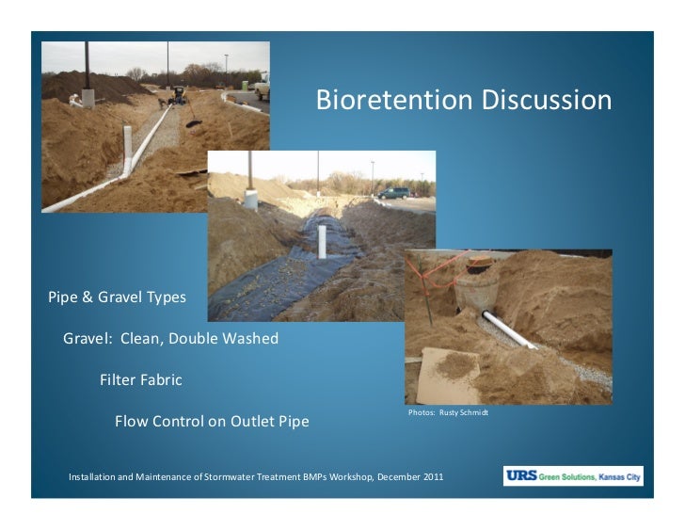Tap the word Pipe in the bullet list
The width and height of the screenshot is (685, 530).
(x=64, y=297)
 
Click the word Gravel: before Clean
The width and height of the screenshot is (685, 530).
(x=89, y=339)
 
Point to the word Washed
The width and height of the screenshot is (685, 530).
(x=249, y=339)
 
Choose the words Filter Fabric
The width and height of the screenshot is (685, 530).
(x=141, y=380)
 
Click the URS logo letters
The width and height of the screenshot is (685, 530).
(x=520, y=476)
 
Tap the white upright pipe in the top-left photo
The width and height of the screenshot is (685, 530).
(x=128, y=151)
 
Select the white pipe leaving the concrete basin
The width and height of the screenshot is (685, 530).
(x=508, y=330)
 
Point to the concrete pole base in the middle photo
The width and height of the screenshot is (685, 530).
(x=251, y=201)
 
